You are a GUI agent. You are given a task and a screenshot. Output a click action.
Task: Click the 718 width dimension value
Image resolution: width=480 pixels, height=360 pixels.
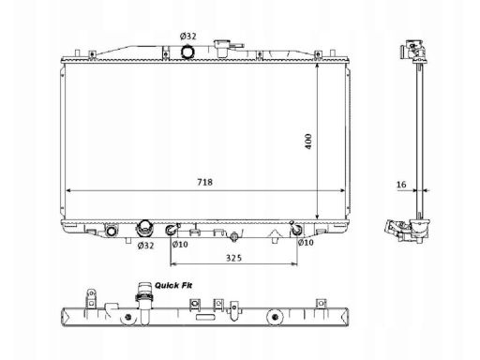pos(204,182)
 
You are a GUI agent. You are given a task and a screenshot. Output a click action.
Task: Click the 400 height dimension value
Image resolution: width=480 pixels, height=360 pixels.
pos(308,142)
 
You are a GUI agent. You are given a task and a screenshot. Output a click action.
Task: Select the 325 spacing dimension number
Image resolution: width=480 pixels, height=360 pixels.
pos(233,258)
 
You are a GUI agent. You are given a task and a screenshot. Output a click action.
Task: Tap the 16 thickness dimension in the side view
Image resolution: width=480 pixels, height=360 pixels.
pos(401,185)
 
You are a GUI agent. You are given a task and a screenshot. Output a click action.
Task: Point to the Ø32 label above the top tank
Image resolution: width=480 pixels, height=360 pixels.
pos(188,37)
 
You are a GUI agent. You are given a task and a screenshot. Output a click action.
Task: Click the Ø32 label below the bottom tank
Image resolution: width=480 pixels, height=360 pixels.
pos(145,246)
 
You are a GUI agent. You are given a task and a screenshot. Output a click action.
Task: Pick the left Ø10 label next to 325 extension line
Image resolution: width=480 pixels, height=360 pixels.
pos(180,244)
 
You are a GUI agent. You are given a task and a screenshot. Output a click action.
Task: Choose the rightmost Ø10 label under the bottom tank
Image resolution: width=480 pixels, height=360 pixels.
pos(306,242)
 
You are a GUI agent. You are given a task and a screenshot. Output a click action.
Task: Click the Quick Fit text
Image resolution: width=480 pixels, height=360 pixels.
pos(173,285)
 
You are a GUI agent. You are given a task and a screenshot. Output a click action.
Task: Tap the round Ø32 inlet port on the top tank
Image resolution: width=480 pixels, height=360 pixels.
pos(187,52)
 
